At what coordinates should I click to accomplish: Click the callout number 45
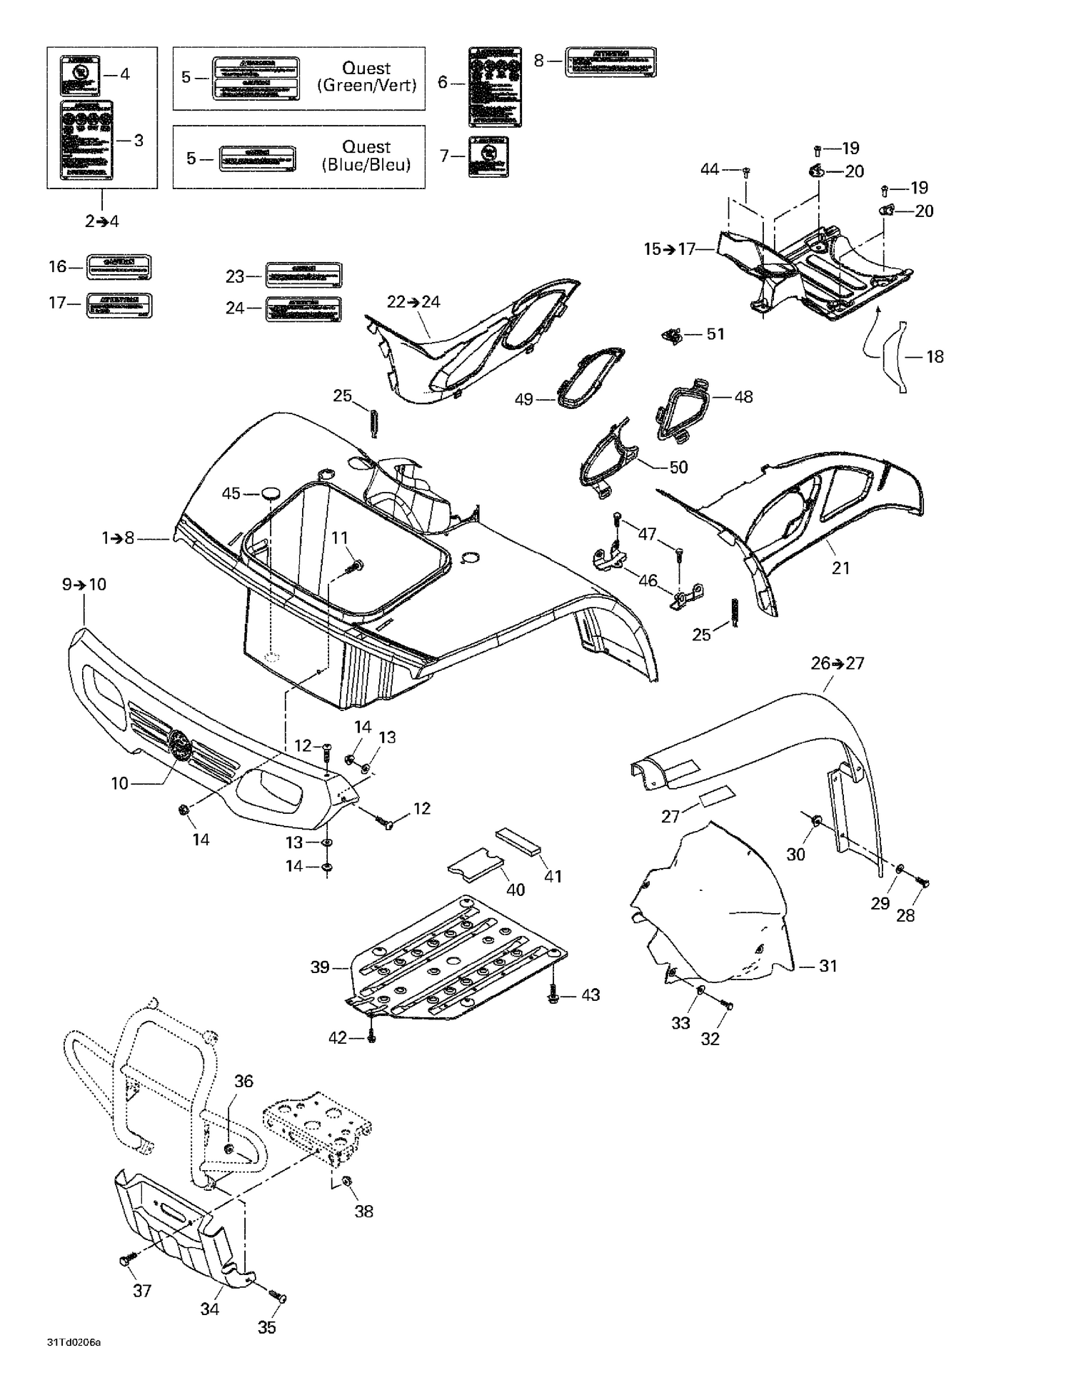pos(231,493)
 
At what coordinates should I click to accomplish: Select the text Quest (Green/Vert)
pos(366,77)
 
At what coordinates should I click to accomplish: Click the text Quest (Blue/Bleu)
pos(366,156)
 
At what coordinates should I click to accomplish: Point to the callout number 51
pos(715,334)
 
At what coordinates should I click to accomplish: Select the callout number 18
pos(935,356)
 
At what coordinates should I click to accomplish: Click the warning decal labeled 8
pos(610,62)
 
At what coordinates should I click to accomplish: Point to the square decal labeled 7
pos(489,156)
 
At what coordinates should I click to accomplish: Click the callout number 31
pos(828,966)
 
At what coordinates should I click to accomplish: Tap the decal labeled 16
pos(119,267)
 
